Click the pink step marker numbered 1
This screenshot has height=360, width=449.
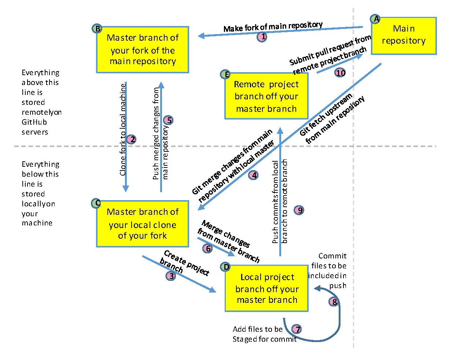[262, 37]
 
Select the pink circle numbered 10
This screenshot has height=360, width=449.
[341, 73]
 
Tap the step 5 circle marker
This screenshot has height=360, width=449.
[168, 120]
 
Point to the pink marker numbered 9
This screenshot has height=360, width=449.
[299, 210]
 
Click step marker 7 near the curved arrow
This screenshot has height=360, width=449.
[297, 329]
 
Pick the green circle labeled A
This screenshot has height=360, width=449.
[375, 19]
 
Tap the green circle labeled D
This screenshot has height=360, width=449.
[226, 267]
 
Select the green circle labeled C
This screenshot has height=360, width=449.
[96, 203]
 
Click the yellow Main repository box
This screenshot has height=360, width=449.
[404, 36]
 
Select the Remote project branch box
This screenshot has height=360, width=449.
[266, 96]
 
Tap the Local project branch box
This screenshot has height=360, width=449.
[266, 289]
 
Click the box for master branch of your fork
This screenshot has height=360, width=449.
[143, 49]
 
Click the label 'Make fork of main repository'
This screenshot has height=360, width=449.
[273, 27]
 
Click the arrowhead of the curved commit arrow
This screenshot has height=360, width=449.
[316, 289]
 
